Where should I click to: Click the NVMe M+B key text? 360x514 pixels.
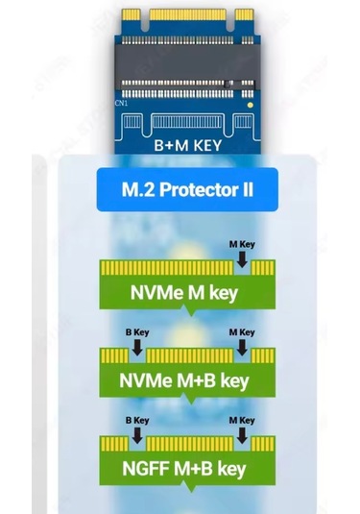point(184,380)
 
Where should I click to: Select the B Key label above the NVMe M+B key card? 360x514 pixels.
point(137,332)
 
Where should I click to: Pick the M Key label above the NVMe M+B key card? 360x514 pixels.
point(241,332)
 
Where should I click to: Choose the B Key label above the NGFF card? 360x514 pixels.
point(137,421)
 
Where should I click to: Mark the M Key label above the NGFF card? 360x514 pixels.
point(241,421)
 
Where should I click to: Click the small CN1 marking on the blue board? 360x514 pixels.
point(121,101)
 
